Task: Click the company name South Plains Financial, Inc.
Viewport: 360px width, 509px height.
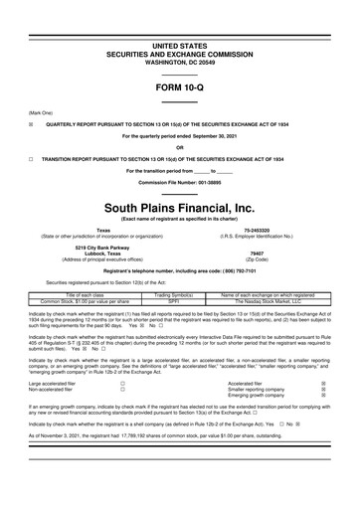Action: point(180,179)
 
